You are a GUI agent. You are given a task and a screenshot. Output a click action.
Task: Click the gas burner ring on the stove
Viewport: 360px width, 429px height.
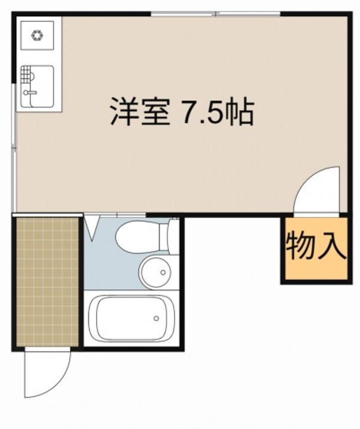38,35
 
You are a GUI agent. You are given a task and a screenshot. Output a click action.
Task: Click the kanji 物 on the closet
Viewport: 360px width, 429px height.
299,247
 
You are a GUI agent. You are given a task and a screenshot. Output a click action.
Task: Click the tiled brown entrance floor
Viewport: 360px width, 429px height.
47,279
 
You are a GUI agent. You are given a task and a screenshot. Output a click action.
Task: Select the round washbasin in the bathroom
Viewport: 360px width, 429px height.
156,273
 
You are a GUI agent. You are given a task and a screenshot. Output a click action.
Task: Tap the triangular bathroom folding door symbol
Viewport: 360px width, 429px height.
92,226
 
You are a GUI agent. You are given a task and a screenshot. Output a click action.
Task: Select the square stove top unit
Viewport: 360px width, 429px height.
38,35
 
